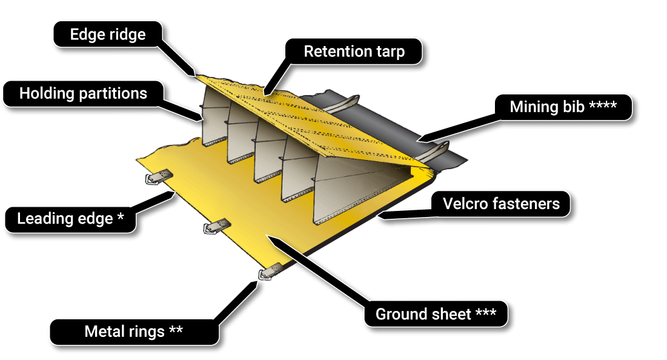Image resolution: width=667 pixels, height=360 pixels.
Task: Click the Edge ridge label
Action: coord(108,35)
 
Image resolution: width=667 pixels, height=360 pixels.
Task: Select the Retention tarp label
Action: coord(354,52)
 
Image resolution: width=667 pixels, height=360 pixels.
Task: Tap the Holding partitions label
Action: coord(83,94)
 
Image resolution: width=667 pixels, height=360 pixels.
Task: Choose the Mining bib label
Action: coord(563,107)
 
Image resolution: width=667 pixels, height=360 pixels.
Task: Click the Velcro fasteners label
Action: coord(501,204)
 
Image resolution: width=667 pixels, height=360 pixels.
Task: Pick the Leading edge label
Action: coord(70,219)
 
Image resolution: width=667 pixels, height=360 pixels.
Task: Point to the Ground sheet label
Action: coord(436,315)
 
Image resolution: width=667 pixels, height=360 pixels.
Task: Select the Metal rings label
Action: coord(133,332)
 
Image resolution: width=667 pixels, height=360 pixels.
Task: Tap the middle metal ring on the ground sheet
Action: coord(215,227)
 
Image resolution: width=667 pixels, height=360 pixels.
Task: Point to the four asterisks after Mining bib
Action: coord(603,107)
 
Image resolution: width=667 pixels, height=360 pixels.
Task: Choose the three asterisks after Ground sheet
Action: coord(486,314)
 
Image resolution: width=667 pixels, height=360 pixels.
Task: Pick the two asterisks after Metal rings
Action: coord(176,331)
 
